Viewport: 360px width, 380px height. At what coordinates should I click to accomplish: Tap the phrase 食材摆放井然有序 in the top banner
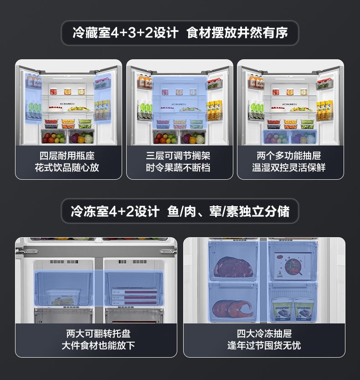click(x=237, y=33)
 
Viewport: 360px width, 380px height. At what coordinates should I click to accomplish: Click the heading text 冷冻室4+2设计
click(x=115, y=212)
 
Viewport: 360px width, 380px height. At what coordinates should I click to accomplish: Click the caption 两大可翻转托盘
click(x=98, y=334)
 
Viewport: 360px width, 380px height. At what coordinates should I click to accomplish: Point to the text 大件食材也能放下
click(x=98, y=345)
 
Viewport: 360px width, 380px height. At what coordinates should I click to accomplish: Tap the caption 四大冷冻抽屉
click(x=264, y=334)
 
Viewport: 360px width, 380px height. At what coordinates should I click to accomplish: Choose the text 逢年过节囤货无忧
click(x=264, y=345)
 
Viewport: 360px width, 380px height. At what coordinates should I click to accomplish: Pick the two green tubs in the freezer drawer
click(x=292, y=307)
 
